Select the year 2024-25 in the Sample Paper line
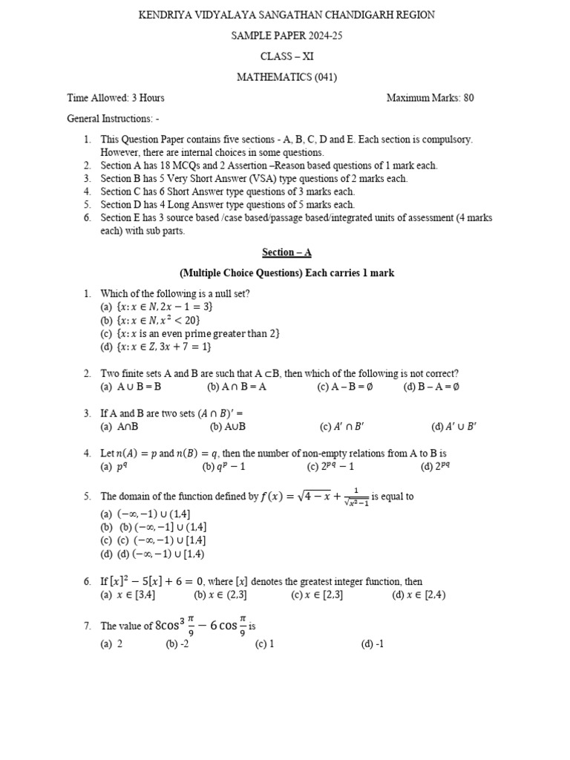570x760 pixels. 320,36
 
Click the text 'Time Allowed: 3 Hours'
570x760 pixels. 116,98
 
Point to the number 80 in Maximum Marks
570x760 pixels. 468,98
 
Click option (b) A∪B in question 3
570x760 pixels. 227,427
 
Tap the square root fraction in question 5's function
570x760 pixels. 356,497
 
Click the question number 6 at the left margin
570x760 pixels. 87,582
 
